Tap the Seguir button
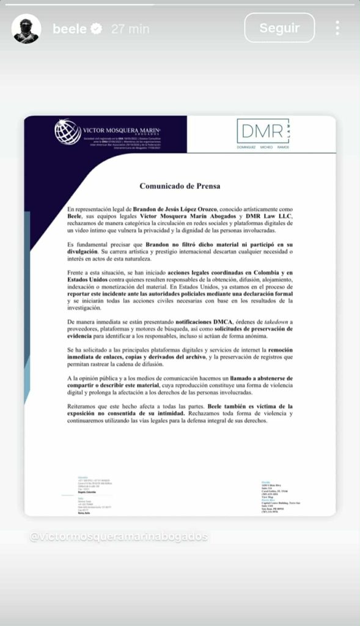pos(279,28)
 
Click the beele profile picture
pos(26,28)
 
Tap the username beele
pos(69,28)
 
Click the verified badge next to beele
pos(97,28)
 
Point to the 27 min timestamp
pos(130,28)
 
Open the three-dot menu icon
pos(337,28)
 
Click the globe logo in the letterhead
pos(67,131)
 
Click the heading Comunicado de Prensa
pos(180,186)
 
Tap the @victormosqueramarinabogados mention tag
pos(119,536)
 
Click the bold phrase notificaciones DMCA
pos(211,321)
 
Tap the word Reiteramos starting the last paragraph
pos(87,407)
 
